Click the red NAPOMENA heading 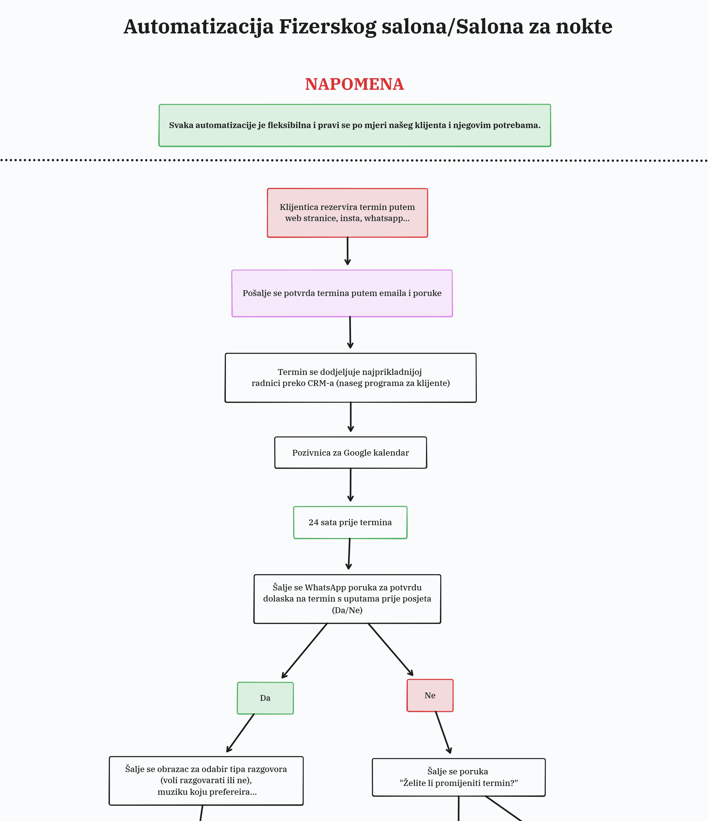click(x=354, y=84)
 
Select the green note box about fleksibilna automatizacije click(x=355, y=126)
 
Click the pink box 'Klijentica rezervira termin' click(x=347, y=213)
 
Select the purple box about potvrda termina click(x=342, y=293)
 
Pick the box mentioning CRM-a click(x=351, y=378)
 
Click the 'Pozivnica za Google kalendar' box click(x=351, y=453)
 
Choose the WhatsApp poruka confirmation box click(x=347, y=599)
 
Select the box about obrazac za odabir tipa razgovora click(x=206, y=781)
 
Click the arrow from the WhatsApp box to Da click(x=305, y=651)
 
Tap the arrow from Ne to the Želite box click(x=443, y=732)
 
